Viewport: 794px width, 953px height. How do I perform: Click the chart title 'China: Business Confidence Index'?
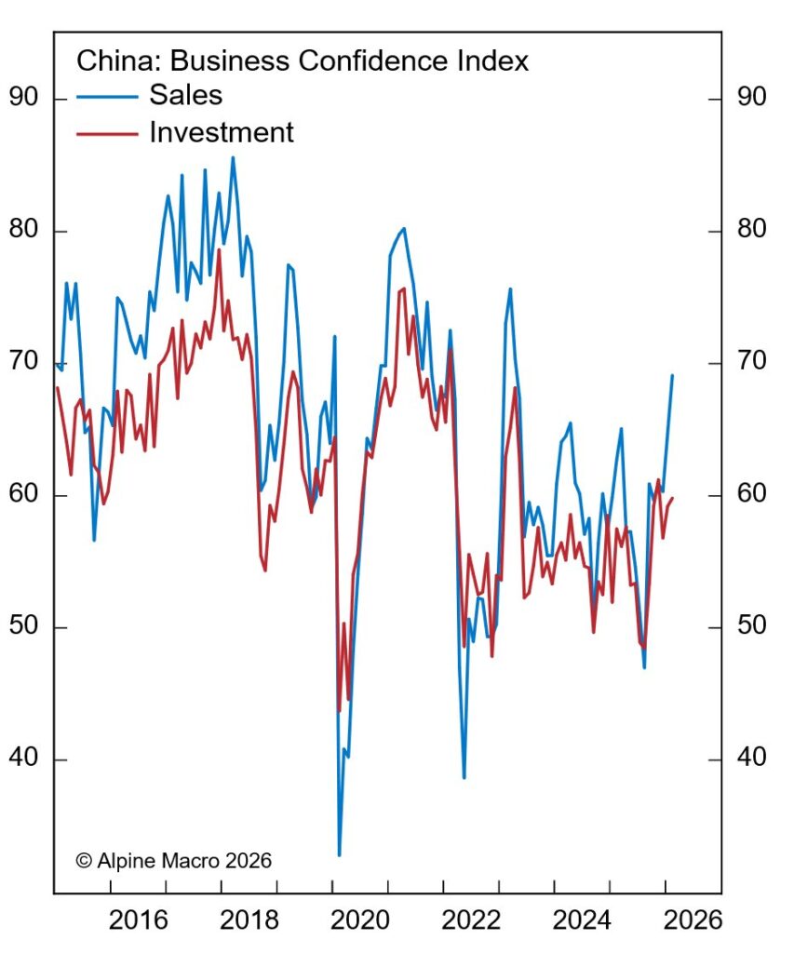coord(303,61)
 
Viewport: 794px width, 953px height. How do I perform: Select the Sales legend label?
coord(186,96)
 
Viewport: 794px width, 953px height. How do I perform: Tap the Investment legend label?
coord(222,132)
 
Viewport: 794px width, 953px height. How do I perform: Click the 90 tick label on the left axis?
coord(25,98)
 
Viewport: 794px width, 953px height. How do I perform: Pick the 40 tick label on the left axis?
coord(25,759)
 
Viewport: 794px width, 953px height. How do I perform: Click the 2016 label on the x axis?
coord(140,921)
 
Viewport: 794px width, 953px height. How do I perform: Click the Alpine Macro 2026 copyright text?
coord(174,861)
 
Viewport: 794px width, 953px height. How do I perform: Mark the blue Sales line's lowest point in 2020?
coord(339,855)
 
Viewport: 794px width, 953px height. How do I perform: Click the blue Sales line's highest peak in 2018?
coord(233,156)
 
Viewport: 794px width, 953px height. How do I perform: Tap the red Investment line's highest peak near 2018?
coord(220,249)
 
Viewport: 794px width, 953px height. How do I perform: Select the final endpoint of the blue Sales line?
coord(672,375)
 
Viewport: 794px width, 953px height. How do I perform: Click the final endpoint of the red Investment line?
coord(672,498)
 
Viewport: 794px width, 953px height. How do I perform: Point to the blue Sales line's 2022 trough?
coord(464,777)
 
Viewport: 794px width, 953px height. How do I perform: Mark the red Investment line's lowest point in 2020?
coord(339,711)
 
